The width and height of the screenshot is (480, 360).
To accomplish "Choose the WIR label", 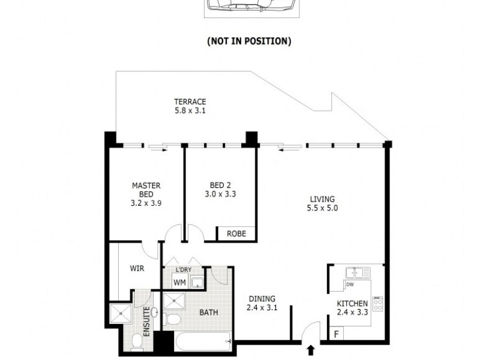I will (x=137, y=269).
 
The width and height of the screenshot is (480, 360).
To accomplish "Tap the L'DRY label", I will (x=183, y=269).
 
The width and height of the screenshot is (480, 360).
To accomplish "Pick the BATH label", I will (x=209, y=312).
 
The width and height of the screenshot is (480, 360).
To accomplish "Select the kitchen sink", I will (x=358, y=273).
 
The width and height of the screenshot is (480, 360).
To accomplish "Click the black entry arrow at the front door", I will (x=311, y=350).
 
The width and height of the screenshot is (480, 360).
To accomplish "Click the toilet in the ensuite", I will (x=137, y=342).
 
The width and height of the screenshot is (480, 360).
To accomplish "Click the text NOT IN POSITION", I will (x=249, y=41).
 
